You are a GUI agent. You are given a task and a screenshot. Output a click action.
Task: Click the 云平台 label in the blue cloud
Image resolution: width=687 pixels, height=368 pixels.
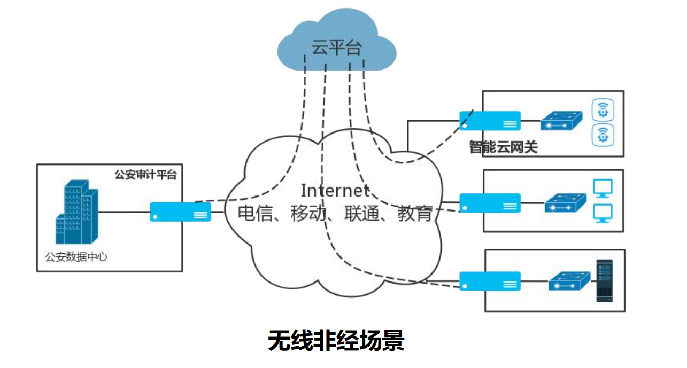point(336,48)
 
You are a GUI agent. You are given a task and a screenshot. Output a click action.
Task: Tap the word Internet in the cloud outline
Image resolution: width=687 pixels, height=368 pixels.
point(335,190)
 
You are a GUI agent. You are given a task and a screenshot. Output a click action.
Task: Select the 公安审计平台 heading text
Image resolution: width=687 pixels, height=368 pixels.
point(145,175)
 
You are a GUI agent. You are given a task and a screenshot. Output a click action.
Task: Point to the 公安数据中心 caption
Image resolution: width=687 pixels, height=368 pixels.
point(76,257)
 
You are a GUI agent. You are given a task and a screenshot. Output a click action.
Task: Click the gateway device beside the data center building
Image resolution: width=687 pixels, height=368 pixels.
point(180,212)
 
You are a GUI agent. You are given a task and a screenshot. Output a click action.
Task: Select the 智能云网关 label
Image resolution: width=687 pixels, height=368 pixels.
point(503,147)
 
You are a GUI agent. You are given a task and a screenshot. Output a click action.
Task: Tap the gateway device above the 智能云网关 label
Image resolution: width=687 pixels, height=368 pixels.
point(490,121)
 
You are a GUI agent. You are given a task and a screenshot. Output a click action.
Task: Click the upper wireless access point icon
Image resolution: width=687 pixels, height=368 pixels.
point(603,111)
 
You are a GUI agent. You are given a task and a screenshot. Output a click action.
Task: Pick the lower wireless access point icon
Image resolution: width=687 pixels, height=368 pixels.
point(603,135)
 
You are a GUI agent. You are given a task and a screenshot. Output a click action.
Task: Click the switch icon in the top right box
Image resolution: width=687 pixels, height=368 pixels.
point(560,121)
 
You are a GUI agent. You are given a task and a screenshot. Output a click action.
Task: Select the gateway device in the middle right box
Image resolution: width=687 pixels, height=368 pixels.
point(490,203)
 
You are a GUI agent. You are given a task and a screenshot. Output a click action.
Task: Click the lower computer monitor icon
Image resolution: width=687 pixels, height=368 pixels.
point(603,214)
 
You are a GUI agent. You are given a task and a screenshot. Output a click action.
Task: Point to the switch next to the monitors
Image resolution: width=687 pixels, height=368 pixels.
point(564,203)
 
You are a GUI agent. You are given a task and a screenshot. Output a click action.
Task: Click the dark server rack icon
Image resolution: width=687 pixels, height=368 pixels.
point(605,280)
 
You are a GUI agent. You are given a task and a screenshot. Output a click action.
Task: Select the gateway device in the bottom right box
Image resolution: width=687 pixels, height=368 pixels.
point(490,281)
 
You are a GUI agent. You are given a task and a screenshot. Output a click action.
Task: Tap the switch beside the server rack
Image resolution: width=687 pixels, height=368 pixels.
point(568,281)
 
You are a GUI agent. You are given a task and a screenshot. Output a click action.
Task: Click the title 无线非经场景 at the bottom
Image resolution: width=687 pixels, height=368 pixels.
point(336,341)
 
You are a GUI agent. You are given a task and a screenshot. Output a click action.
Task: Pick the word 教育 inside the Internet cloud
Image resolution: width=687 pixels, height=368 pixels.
point(415,214)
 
